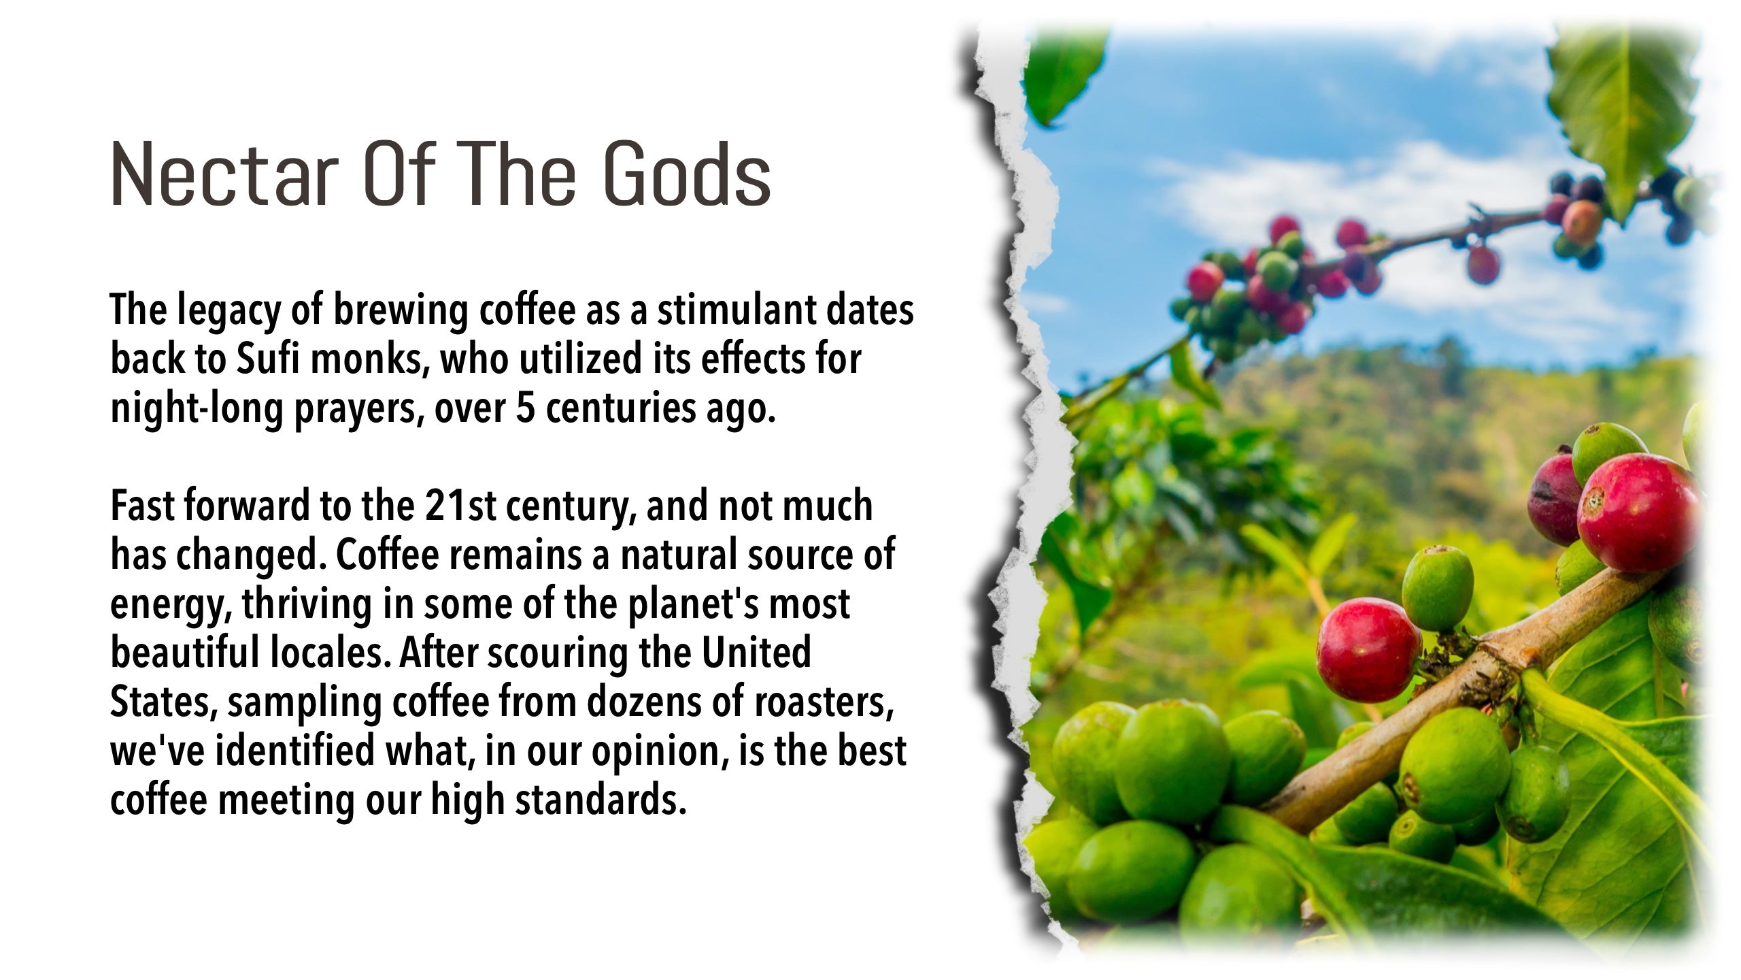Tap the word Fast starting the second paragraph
pyautogui.click(x=141, y=506)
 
